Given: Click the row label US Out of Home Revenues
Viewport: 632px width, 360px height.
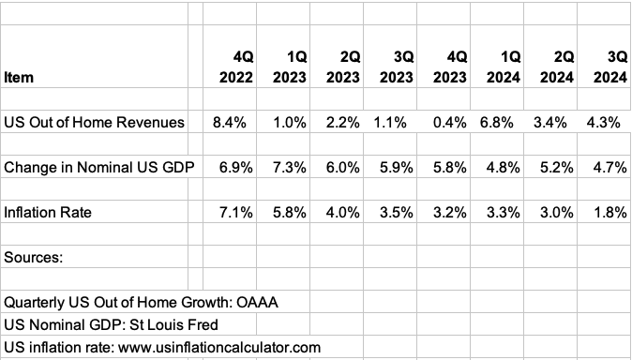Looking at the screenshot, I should (94, 122).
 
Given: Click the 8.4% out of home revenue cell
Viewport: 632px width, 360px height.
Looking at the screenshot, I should (235, 122).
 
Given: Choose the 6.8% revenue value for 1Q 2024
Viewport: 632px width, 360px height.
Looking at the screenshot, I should (505, 122).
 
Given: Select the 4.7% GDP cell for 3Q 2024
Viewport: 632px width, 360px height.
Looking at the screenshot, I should (610, 168).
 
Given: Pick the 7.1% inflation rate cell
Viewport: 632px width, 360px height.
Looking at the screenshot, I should (235, 213).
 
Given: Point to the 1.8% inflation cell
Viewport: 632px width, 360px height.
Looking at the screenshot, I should (610, 213).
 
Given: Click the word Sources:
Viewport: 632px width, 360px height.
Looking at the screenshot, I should (34, 257).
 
